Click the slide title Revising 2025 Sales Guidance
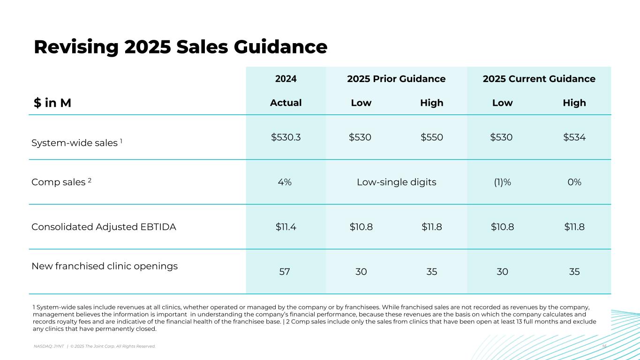pos(181,47)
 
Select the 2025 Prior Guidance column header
pos(396,79)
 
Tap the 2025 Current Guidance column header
pos(539,79)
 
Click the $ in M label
pos(53,103)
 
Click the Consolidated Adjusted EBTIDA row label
pos(104,227)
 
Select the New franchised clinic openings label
pos(105,266)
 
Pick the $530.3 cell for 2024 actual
pos(286,137)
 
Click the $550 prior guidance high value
pos(432,137)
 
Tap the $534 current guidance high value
pos(574,137)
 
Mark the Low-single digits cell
pos(396,182)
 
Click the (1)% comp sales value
pos(502,182)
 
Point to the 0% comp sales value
pos(574,182)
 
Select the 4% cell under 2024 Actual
pos(286,182)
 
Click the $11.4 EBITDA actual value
pos(286,227)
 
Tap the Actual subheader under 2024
pos(286,103)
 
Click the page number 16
pos(604,346)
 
